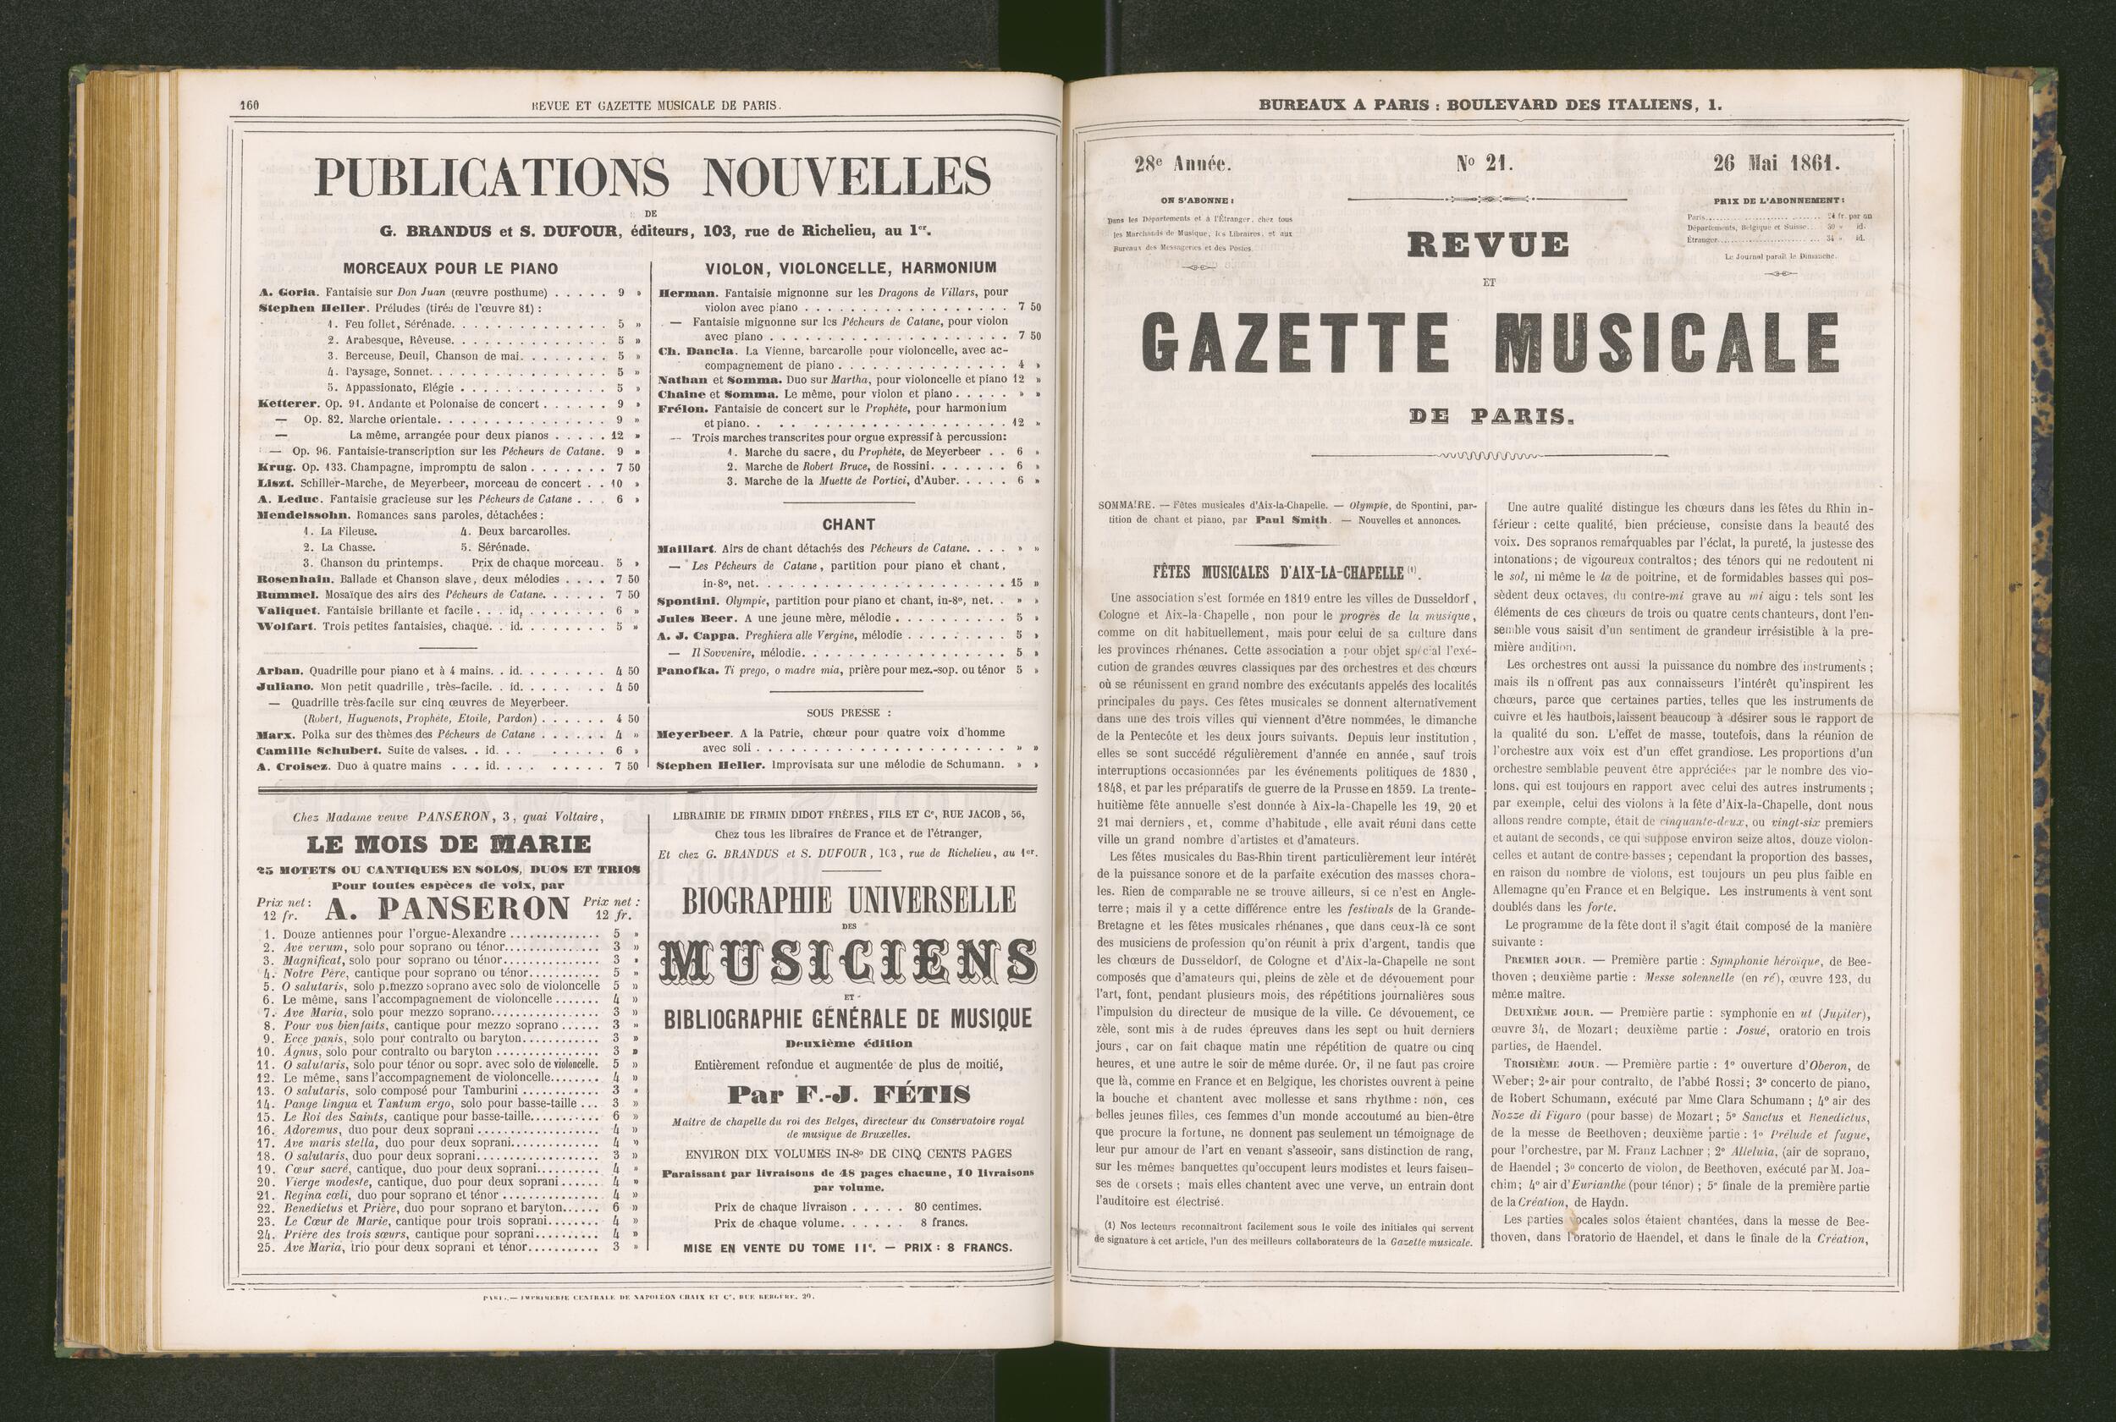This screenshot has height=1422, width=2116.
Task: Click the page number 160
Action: (250, 104)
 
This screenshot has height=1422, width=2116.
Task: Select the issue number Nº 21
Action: (1482, 164)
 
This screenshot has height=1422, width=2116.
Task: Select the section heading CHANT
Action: (847, 524)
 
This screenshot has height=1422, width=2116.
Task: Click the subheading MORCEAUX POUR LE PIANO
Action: (451, 268)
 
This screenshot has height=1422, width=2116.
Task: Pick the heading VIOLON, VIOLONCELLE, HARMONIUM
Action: (851, 267)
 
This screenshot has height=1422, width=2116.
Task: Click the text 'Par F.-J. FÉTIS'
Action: (847, 1095)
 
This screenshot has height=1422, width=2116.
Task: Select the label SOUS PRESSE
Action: (847, 713)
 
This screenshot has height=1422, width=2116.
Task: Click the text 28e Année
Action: (1180, 165)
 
